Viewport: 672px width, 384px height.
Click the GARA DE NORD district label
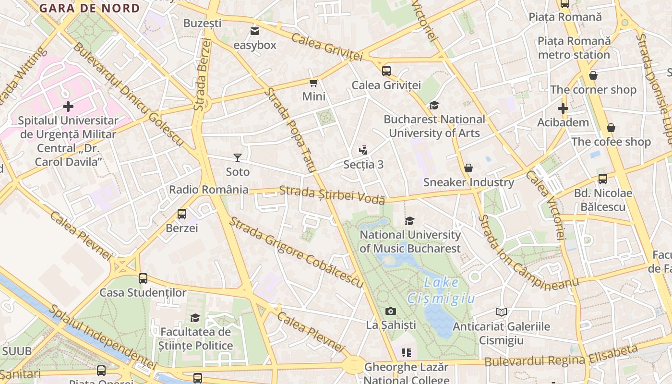tap(90, 8)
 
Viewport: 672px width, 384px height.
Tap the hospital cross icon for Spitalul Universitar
tap(68, 106)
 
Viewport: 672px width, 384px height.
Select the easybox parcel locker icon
tap(255, 31)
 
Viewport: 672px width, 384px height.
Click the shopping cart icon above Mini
tap(314, 83)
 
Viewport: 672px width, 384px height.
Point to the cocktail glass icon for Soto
tap(238, 157)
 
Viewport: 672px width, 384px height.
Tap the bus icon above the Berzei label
tap(182, 214)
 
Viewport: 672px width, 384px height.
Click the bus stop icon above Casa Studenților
tap(143, 278)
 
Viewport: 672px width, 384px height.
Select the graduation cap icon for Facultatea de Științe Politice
tap(195, 318)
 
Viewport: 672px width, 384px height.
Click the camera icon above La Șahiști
tap(391, 311)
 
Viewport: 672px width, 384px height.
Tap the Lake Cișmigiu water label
tap(441, 291)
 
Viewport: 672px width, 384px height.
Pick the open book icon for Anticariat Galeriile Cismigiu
tap(502, 312)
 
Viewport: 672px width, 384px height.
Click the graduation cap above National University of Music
tap(409, 221)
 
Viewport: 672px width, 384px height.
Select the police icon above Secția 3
tap(363, 150)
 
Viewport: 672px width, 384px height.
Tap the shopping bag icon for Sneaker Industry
tap(468, 168)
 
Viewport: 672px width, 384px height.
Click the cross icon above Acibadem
tap(563, 108)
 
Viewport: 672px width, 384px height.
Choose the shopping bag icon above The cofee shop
tap(611, 128)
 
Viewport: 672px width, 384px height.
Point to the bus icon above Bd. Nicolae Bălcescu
tap(603, 179)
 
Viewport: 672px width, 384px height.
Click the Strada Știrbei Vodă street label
tap(332, 195)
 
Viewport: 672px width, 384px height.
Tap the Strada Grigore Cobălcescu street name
tap(296, 252)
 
